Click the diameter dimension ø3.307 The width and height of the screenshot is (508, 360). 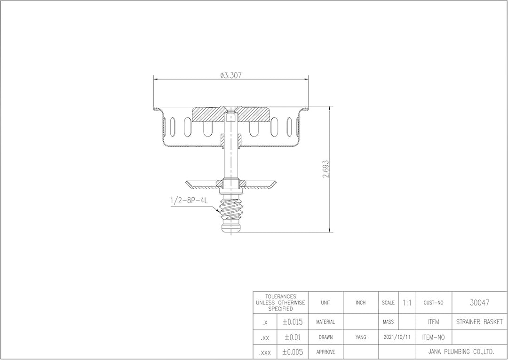[230, 75]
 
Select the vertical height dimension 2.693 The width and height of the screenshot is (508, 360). [326, 168]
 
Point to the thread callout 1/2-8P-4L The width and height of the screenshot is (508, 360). [189, 200]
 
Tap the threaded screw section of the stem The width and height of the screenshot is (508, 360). [230, 210]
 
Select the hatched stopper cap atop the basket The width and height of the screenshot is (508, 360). [230, 114]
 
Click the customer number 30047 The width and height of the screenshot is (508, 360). [479, 303]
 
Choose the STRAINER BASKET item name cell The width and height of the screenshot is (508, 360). [479, 322]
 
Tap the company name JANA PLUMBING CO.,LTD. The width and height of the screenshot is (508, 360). [461, 351]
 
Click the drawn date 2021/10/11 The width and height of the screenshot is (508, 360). [397, 337]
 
